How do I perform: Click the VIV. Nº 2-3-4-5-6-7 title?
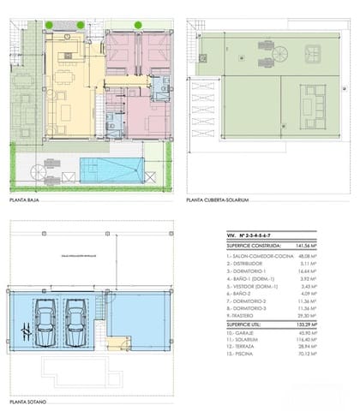tap(250, 234)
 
